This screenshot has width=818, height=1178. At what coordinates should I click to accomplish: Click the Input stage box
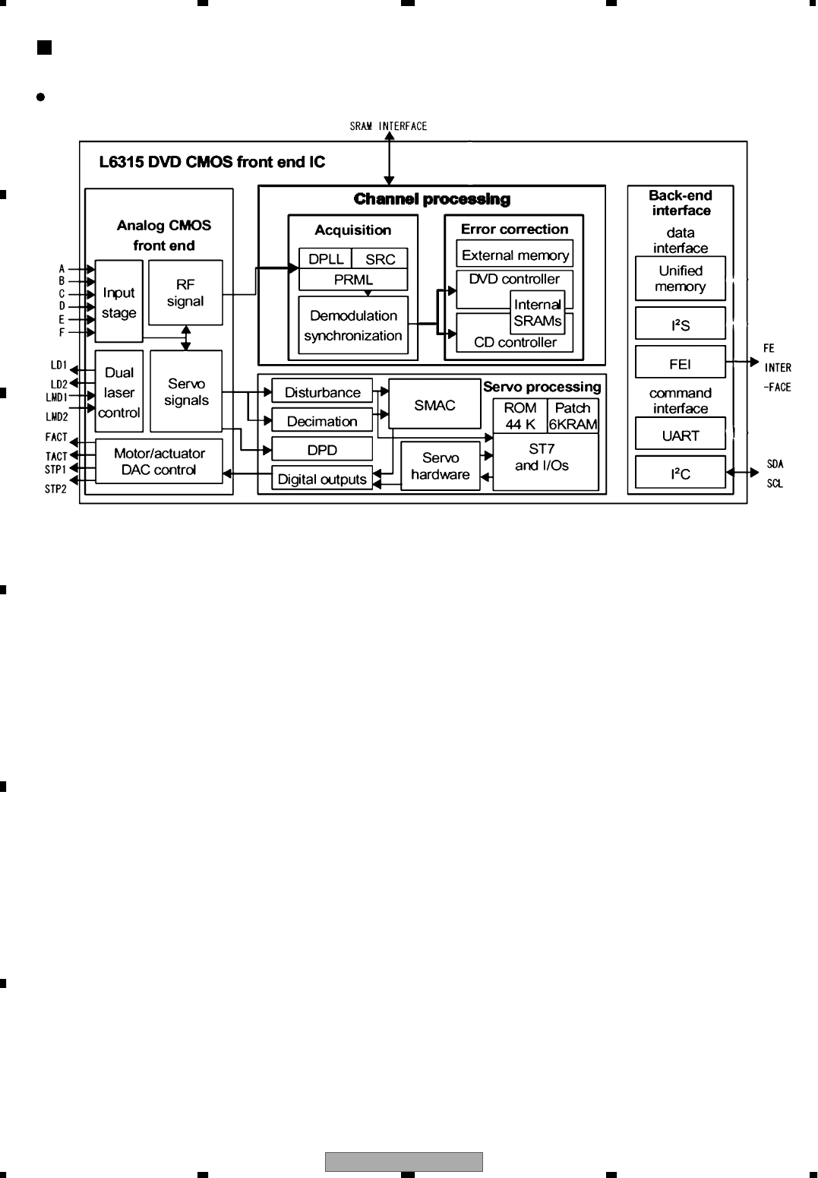118,302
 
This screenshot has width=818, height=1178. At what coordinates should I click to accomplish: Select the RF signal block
185,293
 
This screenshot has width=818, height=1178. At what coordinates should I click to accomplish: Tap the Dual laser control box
118,392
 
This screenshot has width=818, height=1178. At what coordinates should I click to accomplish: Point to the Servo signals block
186,391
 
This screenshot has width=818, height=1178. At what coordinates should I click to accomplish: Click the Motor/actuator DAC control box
159,461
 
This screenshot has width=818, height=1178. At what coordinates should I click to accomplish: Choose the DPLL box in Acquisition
326,259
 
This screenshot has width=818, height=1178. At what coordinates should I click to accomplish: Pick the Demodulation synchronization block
353,325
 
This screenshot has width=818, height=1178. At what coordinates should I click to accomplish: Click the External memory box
515,255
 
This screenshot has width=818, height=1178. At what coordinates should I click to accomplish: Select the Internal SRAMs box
538,313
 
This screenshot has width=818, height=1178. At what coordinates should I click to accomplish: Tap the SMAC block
434,405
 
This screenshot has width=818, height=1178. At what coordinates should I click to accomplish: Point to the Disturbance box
322,392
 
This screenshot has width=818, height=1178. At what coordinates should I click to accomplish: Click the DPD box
322,450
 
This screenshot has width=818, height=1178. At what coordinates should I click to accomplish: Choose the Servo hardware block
441,466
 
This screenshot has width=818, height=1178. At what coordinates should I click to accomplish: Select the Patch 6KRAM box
573,416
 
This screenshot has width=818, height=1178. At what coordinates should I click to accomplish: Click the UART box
681,435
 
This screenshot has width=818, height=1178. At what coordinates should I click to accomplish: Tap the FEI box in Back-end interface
681,364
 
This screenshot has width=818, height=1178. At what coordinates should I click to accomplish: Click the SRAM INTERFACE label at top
388,126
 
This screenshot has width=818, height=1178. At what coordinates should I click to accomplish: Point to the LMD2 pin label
56,416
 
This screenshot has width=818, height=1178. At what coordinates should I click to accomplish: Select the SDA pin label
775,464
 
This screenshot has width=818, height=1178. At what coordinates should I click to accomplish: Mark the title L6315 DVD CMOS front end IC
212,162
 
